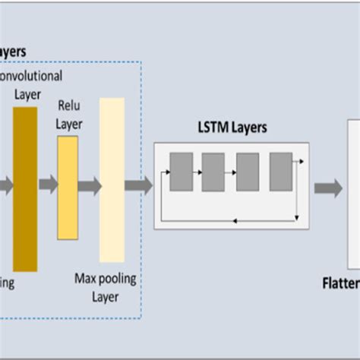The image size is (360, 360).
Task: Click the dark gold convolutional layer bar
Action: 24,188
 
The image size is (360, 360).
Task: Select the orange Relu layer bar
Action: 67,187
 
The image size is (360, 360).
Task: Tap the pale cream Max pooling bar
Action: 112,180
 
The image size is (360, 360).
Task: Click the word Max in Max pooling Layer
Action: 86,279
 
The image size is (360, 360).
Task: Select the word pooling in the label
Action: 118,279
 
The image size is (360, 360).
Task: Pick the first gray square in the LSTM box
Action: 181,172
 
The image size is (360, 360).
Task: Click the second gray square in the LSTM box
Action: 213,172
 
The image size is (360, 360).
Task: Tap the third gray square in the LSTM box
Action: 248,172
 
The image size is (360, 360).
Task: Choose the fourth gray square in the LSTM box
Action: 280,172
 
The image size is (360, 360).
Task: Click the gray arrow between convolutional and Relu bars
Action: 48,184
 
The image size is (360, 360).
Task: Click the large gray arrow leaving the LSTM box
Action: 328,188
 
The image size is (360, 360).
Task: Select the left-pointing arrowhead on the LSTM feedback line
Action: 235,219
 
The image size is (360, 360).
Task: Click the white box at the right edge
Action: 353,194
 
